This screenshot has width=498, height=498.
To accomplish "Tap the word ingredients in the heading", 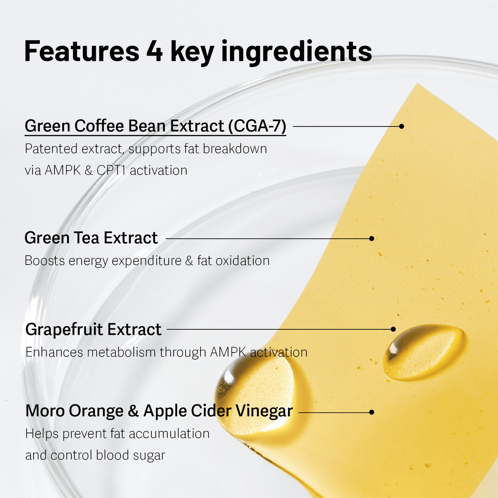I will [x=297, y=53].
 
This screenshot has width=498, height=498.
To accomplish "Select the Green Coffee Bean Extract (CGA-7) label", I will [x=155, y=126].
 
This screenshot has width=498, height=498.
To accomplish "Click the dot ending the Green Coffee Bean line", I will [x=401, y=126].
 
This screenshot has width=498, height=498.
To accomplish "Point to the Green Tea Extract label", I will [x=91, y=238].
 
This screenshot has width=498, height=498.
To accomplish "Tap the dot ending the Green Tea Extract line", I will [x=372, y=238].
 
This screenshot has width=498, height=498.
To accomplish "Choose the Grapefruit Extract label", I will [x=93, y=329].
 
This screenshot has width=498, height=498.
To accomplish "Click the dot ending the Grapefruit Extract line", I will [x=393, y=329].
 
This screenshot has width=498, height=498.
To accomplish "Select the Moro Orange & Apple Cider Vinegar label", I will [x=159, y=411].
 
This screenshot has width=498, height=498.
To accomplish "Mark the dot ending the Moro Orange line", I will [x=372, y=412].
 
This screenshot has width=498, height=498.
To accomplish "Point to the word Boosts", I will [x=45, y=261].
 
